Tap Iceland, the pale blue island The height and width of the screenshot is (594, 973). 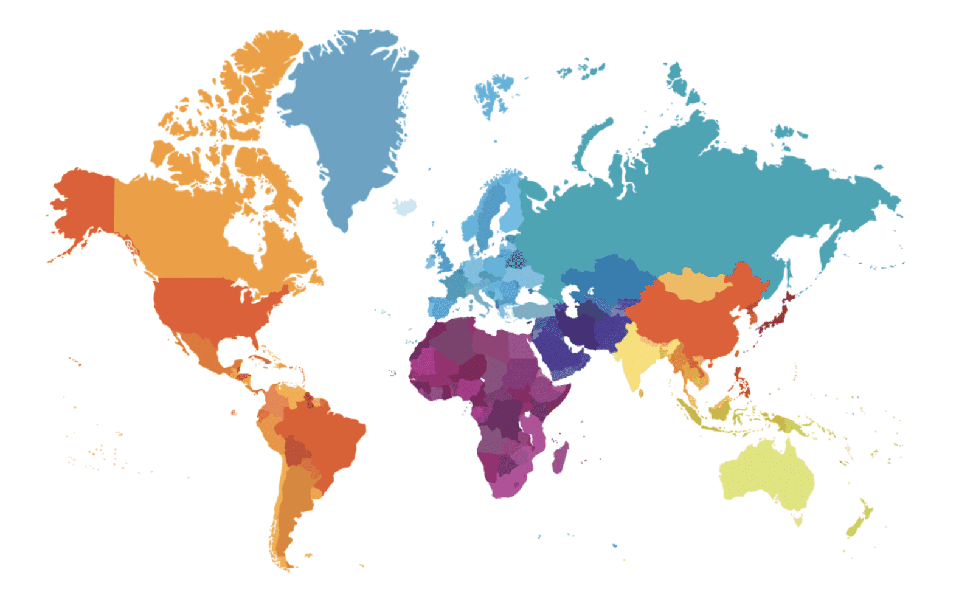point(404,206)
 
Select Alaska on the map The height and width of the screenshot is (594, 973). point(85,201)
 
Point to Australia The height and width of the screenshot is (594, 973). point(766,474)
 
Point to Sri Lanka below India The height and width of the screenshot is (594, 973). point(641,393)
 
